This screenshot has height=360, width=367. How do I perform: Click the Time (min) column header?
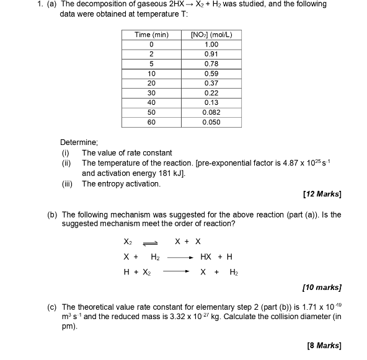tap(151, 35)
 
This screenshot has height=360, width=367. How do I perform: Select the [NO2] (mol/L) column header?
tap(211, 35)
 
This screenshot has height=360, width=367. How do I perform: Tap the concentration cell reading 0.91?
tap(211, 54)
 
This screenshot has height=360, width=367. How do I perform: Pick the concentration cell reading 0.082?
tap(211, 112)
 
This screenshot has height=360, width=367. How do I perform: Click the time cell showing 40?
tap(151, 102)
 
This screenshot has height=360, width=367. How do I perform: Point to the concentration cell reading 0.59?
tap(211, 73)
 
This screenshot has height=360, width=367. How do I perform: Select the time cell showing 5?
tap(151, 64)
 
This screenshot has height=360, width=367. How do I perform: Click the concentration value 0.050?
tap(211, 122)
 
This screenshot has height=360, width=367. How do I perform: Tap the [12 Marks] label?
tap(322, 195)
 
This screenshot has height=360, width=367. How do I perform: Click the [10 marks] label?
tap(322, 288)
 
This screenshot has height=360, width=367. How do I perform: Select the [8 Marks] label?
tap(324, 345)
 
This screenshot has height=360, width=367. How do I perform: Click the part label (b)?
tap(52, 214)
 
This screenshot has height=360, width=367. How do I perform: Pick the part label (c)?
tap(52, 307)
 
